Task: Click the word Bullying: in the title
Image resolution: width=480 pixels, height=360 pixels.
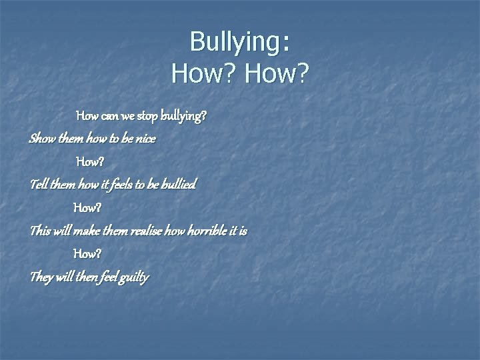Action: (240, 42)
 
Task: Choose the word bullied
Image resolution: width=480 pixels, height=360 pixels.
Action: (178, 184)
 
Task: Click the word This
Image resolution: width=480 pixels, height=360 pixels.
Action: (39, 231)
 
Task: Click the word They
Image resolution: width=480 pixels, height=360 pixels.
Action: (41, 277)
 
